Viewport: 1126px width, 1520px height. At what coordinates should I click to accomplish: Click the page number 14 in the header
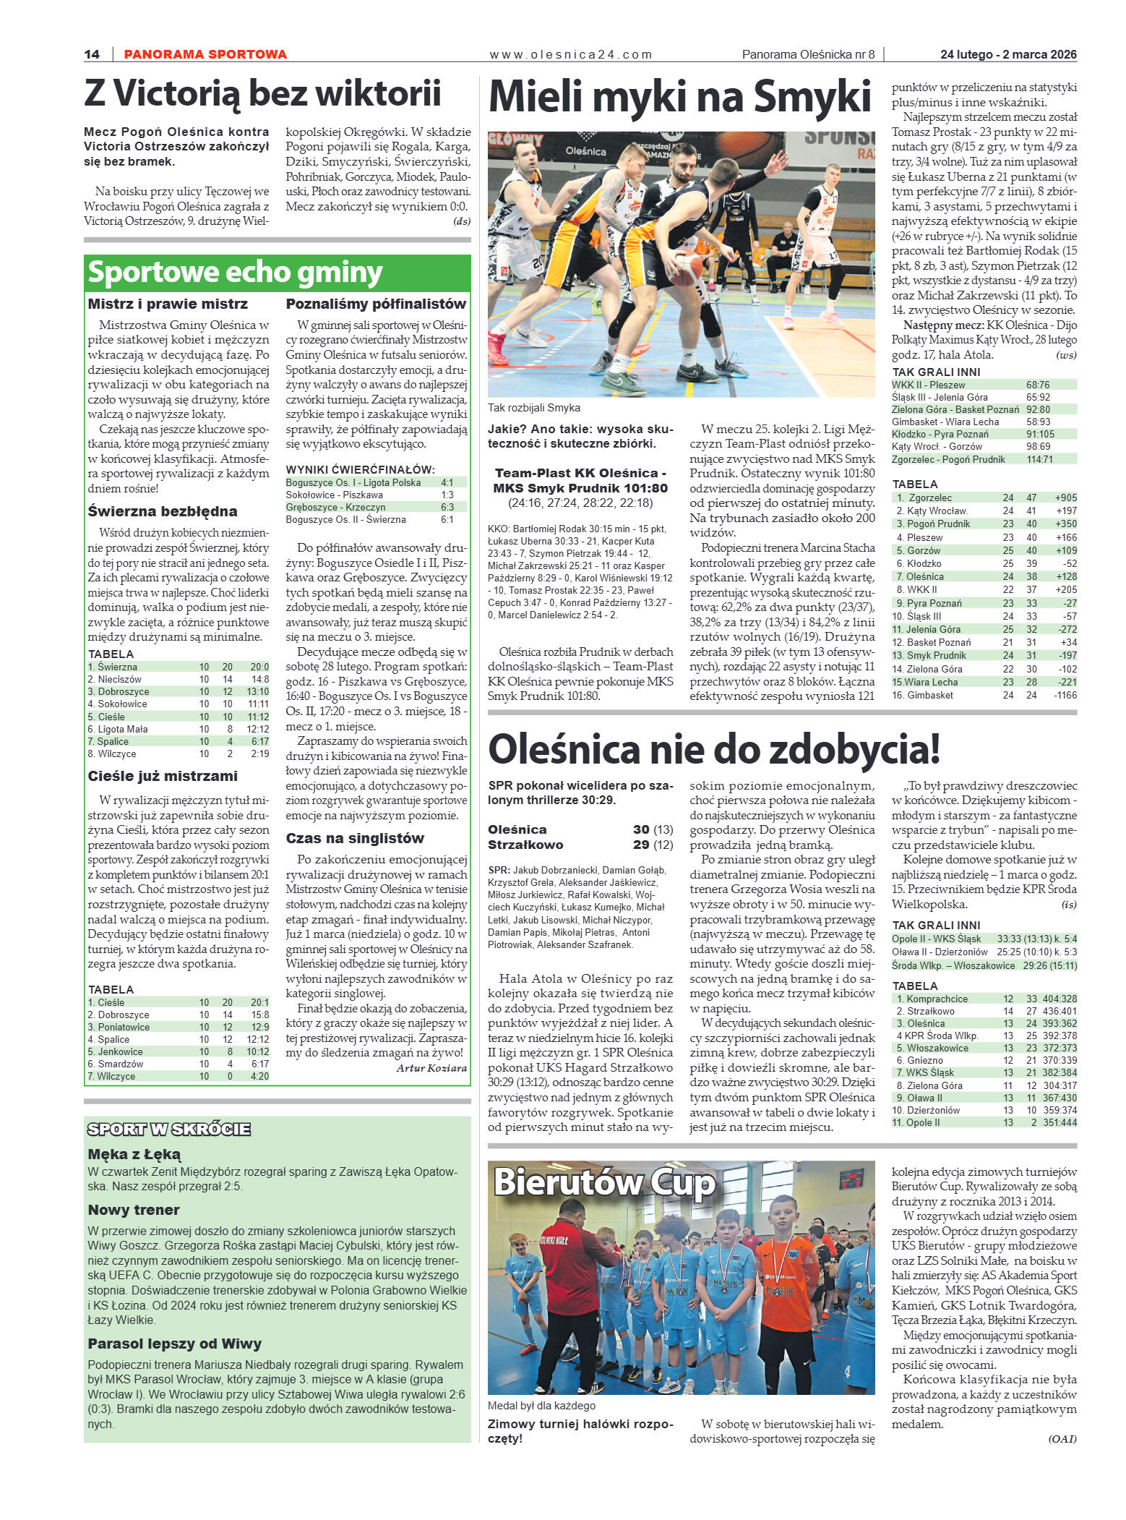[92, 54]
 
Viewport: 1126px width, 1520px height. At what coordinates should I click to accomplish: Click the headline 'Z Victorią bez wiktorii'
[262, 94]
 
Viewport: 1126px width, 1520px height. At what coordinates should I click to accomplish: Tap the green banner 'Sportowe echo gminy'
[235, 273]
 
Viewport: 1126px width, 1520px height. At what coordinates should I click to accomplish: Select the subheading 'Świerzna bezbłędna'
[163, 511]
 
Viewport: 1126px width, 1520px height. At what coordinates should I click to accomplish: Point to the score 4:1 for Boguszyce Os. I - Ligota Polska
[447, 482]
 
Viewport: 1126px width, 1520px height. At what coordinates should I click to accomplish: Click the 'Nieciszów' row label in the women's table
[119, 679]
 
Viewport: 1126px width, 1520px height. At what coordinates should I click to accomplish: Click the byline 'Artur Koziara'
[431, 1068]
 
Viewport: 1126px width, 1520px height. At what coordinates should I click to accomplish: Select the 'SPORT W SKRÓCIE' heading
[169, 1129]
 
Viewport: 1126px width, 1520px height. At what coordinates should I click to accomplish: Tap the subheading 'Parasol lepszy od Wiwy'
[174, 1344]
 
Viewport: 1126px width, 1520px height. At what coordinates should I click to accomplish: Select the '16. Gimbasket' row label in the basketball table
[922, 695]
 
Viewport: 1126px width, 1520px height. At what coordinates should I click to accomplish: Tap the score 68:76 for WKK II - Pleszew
[1038, 385]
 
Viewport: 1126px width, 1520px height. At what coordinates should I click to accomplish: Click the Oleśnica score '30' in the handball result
[641, 829]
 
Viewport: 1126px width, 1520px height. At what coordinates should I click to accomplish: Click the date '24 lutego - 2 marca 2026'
[1008, 54]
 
